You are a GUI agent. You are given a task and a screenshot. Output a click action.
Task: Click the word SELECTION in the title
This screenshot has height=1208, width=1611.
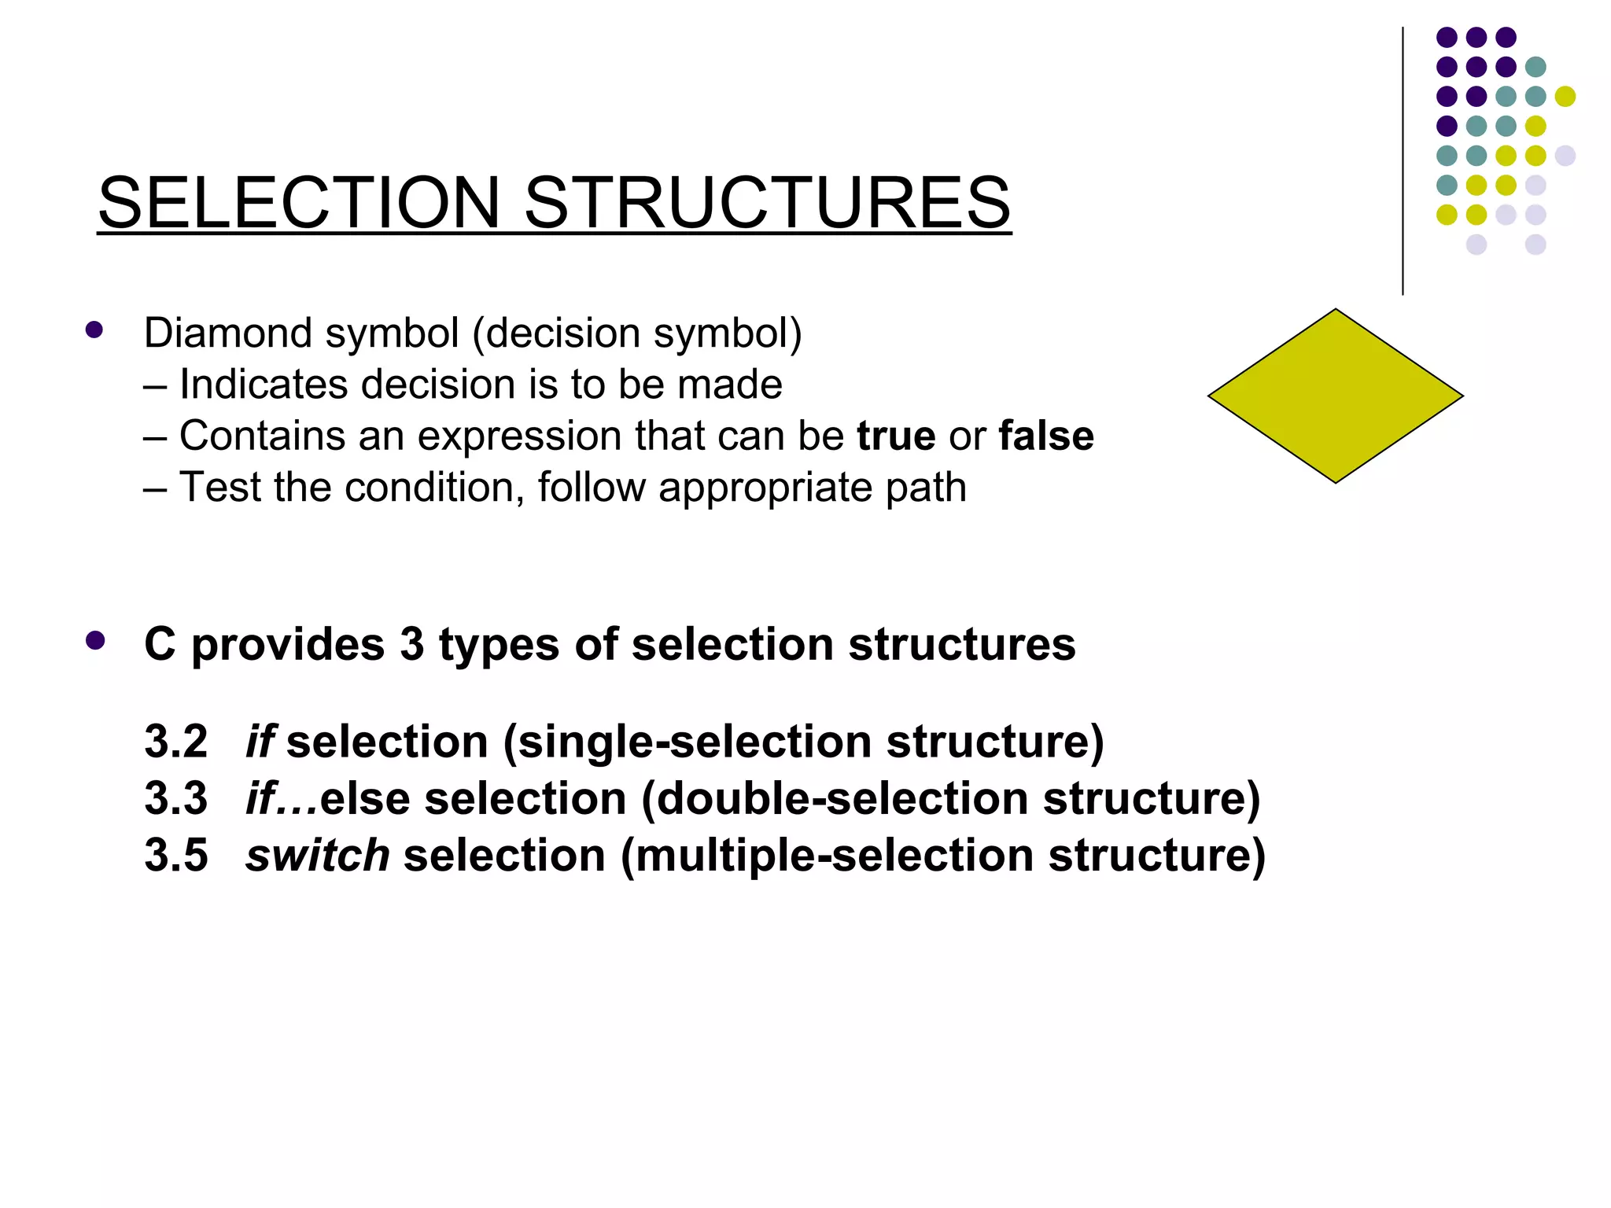click(x=299, y=203)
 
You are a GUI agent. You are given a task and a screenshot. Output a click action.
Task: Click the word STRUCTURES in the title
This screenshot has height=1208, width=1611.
click(x=767, y=203)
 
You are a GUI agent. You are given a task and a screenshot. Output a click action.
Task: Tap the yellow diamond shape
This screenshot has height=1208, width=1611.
click(x=1335, y=396)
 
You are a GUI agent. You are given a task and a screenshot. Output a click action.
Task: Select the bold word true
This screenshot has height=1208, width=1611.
click(x=896, y=436)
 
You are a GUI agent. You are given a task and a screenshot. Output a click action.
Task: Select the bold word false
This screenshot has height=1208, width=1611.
click(x=1046, y=436)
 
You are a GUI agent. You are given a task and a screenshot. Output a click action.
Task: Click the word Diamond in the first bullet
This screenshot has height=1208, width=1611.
click(x=228, y=333)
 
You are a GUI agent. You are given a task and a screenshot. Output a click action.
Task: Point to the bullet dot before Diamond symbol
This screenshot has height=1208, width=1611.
click(x=94, y=330)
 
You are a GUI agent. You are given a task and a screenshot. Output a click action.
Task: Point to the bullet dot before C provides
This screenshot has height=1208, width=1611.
click(x=95, y=641)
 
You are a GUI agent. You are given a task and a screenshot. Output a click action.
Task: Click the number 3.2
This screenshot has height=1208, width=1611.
click(x=176, y=742)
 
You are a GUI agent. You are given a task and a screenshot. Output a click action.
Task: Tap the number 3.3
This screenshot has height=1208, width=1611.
click(x=176, y=798)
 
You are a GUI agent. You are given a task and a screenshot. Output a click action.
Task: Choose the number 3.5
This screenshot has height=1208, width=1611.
click(x=176, y=855)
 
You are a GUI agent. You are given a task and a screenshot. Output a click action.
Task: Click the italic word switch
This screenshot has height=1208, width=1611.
click(x=317, y=855)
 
